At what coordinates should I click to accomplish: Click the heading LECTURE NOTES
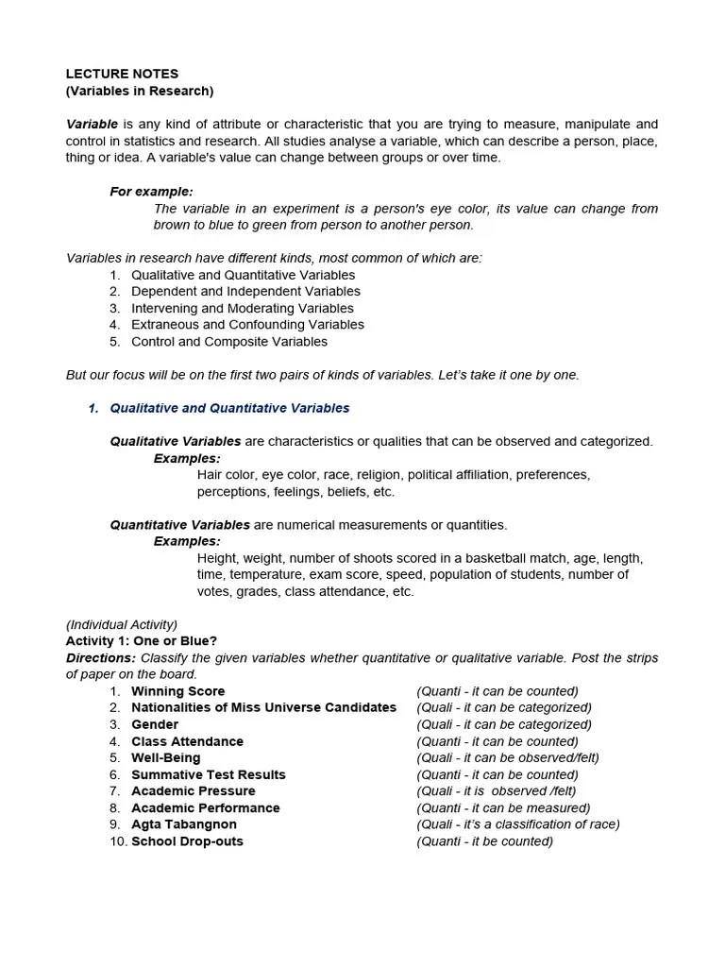pos(122,74)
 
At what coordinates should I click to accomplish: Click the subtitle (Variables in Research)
pos(140,91)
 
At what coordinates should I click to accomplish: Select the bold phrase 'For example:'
pos(151,191)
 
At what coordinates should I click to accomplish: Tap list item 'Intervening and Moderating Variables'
pos(243,308)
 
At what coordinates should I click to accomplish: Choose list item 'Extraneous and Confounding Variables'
pos(247,325)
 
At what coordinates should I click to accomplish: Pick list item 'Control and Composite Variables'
pos(229,342)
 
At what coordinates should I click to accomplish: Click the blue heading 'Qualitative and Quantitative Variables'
pos(229,408)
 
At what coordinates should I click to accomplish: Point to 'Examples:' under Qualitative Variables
pos(187,458)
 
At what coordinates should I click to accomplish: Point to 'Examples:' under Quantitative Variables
pos(187,541)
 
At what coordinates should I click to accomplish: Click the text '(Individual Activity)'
pos(122,624)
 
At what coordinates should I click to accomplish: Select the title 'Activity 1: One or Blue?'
pos(142,641)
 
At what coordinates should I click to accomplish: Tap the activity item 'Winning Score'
pos(177,691)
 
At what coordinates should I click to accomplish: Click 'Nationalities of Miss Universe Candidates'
pos(263,707)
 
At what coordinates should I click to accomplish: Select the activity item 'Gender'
pos(155,724)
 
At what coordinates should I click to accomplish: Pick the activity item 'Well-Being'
pos(165,757)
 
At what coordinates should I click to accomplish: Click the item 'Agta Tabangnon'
pos(184,824)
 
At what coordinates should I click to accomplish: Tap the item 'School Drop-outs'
pos(187,841)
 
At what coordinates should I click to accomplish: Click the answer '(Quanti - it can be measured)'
pos(503,807)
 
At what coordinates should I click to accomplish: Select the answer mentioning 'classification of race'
pos(518,824)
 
